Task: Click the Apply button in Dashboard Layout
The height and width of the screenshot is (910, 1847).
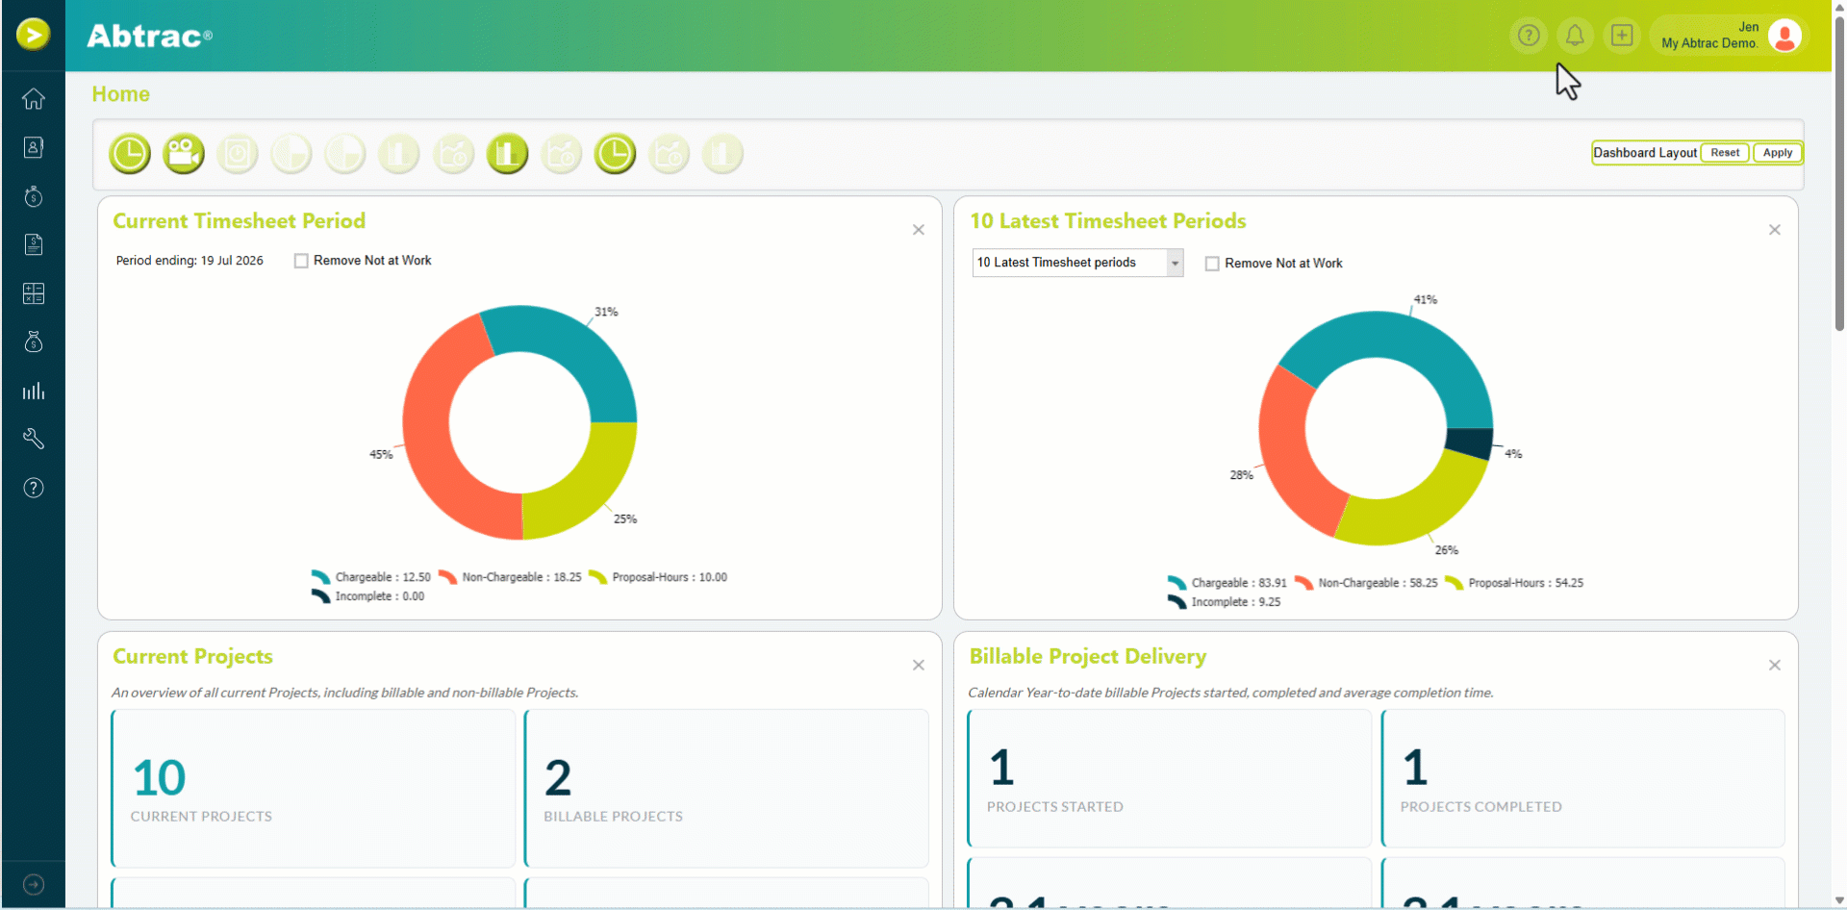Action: pos(1777,153)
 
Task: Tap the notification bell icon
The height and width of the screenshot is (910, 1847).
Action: pos(1575,36)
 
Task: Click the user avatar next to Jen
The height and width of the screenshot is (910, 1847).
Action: pos(1784,36)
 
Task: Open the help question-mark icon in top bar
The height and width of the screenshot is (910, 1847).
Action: pos(1529,36)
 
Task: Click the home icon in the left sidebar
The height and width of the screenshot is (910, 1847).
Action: pos(34,99)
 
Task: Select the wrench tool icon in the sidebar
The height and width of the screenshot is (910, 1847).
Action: pos(34,439)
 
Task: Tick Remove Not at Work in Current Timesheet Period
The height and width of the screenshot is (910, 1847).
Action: pos(301,261)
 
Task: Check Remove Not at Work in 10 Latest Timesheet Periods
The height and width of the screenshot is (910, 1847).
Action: pos(1212,264)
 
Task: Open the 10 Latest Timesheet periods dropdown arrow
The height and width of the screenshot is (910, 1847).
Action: pos(1175,263)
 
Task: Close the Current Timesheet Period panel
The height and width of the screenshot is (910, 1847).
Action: pos(919,230)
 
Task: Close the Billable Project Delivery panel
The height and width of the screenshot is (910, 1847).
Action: pos(1775,666)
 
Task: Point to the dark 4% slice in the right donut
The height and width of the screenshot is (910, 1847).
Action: pos(1469,443)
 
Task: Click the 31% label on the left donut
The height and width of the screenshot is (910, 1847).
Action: pos(606,312)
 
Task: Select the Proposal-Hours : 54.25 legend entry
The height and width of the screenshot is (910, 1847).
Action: pos(1514,583)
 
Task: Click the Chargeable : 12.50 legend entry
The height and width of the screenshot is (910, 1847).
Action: pos(371,577)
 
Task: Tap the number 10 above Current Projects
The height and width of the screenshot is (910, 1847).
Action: pos(160,777)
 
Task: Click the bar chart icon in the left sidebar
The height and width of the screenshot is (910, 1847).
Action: pos(34,391)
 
